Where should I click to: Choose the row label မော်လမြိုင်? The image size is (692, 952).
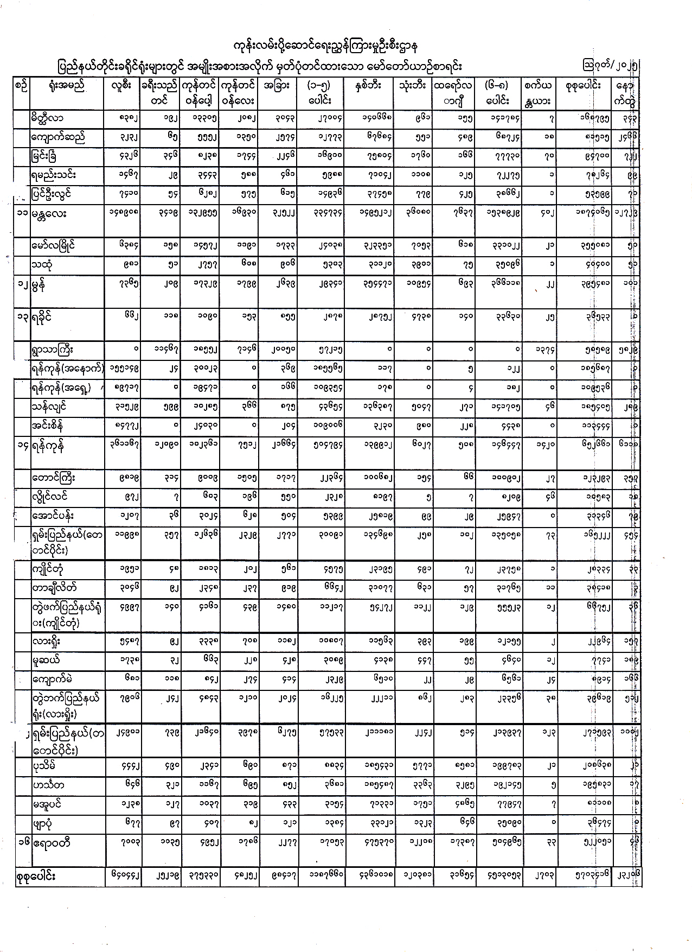point(53,245)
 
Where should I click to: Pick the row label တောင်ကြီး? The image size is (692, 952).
point(53,479)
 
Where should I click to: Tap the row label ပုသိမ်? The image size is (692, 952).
point(44,767)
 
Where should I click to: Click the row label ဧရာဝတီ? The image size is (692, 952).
point(52,843)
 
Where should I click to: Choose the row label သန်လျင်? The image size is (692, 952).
point(48,407)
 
